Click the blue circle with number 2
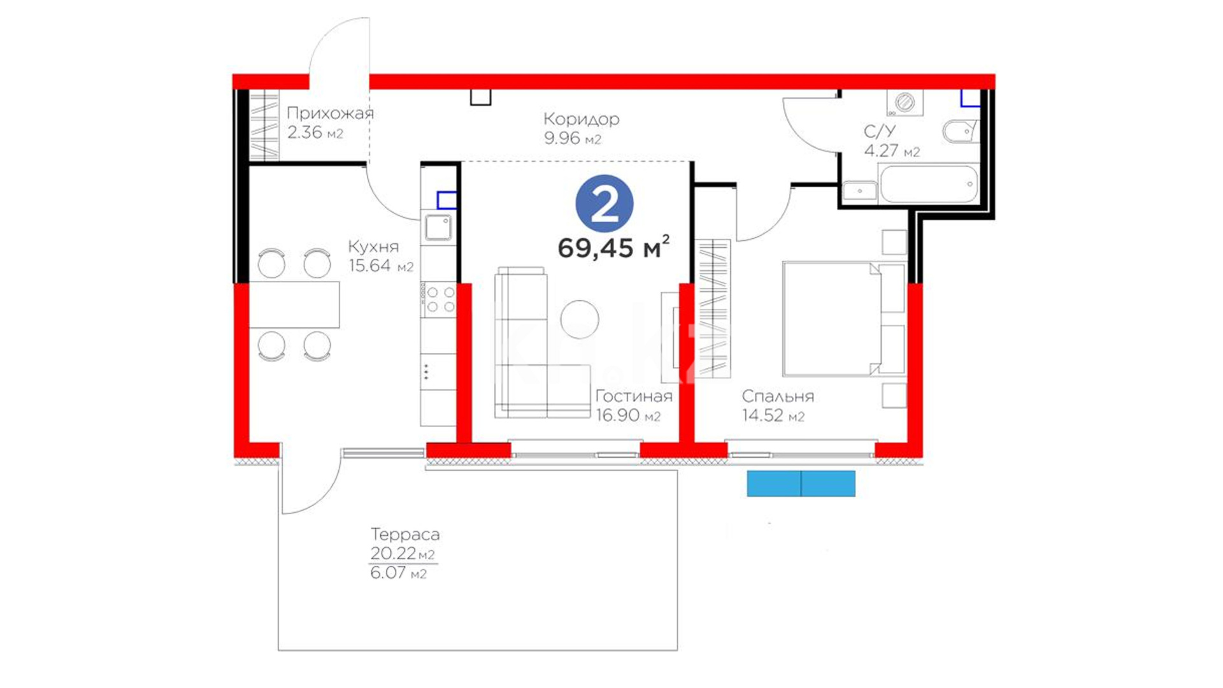coord(604,204)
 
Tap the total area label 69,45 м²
coord(613,247)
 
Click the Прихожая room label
coord(330,113)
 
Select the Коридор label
coord(581,119)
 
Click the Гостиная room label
coord(634,396)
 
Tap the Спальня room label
coord(778,396)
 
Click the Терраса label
coord(405,534)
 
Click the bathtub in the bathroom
coord(927,184)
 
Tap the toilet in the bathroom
coord(959,132)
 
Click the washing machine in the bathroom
coord(905,103)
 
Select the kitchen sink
coord(438,227)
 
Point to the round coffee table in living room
coord(580,319)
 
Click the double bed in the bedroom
coord(843,319)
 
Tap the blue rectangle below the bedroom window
coord(801,484)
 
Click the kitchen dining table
coord(294,305)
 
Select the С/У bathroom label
coord(880,132)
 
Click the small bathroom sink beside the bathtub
coord(859,190)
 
